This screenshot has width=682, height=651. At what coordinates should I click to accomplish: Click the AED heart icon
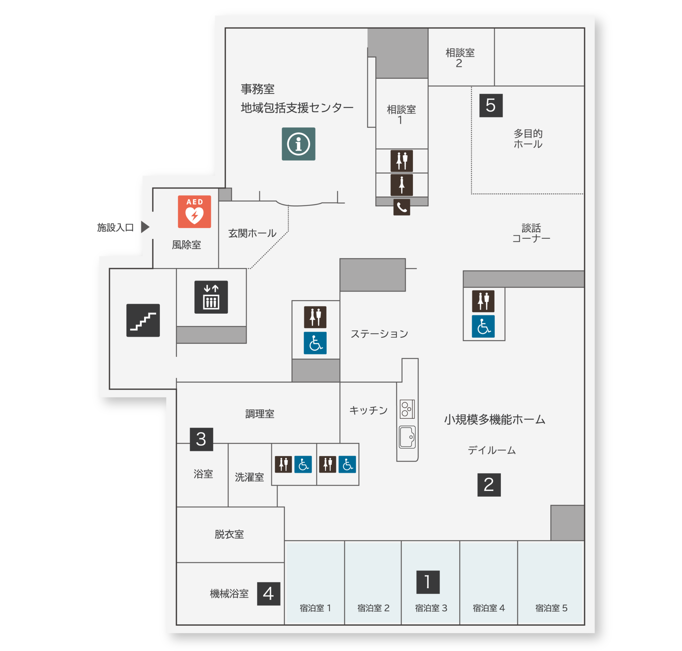pyautogui.click(x=194, y=212)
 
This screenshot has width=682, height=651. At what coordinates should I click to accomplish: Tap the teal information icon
pyautogui.click(x=298, y=144)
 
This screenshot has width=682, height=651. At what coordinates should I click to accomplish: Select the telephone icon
pyautogui.click(x=402, y=207)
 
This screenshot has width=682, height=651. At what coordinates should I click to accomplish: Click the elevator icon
pyautogui.click(x=211, y=297)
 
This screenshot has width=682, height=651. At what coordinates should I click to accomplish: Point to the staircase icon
pyautogui.click(x=143, y=320)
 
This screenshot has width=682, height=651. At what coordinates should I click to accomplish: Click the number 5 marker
pyautogui.click(x=491, y=105)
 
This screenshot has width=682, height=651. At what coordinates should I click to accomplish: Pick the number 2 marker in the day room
pyautogui.click(x=489, y=485)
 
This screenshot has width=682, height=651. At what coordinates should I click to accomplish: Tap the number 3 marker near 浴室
pyautogui.click(x=201, y=439)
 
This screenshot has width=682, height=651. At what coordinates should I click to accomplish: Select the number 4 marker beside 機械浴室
pyautogui.click(x=268, y=594)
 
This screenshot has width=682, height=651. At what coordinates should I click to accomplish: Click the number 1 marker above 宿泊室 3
pyautogui.click(x=428, y=582)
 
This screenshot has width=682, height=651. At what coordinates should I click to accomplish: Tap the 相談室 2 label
pyautogui.click(x=460, y=58)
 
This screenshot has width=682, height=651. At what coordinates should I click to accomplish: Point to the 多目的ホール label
pyautogui.click(x=528, y=139)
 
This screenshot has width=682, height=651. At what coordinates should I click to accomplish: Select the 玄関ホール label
pyautogui.click(x=252, y=233)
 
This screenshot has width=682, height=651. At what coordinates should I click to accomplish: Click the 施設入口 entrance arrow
pyautogui.click(x=145, y=227)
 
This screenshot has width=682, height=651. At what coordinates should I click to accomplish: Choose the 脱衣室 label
pyautogui.click(x=229, y=534)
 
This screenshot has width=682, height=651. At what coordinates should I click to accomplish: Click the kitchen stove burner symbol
pyautogui.click(x=407, y=409)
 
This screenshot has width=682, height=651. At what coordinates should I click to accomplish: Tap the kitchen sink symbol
pyautogui.click(x=407, y=437)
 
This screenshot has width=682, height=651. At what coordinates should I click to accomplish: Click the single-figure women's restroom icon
pyautogui.click(x=402, y=185)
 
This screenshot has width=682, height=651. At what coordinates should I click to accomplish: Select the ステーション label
pyautogui.click(x=379, y=334)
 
